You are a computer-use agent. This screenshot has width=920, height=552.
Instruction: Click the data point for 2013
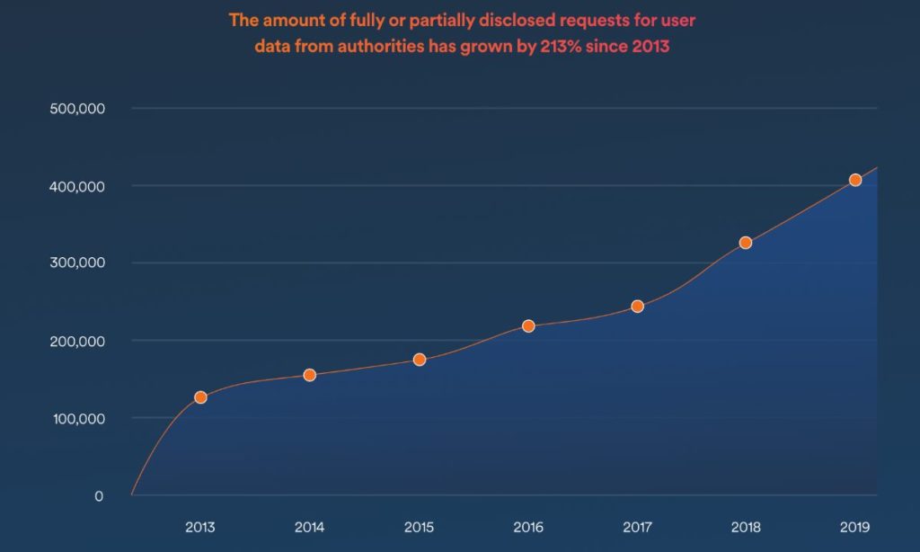coord(200,397)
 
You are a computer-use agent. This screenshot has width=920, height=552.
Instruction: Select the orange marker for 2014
coord(310,375)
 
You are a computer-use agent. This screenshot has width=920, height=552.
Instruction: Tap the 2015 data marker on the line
coord(420,360)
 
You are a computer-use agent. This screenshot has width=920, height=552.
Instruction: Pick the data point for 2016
coord(528,325)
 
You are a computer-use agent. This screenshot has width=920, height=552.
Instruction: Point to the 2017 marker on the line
coord(637,306)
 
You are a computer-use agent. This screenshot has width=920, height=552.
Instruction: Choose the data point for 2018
coord(746,243)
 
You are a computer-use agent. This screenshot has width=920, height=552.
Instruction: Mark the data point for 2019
coord(855,180)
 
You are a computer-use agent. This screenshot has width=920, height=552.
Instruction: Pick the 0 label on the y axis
coord(99,495)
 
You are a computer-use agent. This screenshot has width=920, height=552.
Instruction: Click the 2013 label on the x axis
coord(200,527)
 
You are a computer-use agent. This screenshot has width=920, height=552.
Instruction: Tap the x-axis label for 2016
coord(528,527)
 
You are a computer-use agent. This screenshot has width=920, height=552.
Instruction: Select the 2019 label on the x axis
coord(855,527)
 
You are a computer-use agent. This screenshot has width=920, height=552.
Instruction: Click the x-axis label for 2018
coord(746,527)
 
